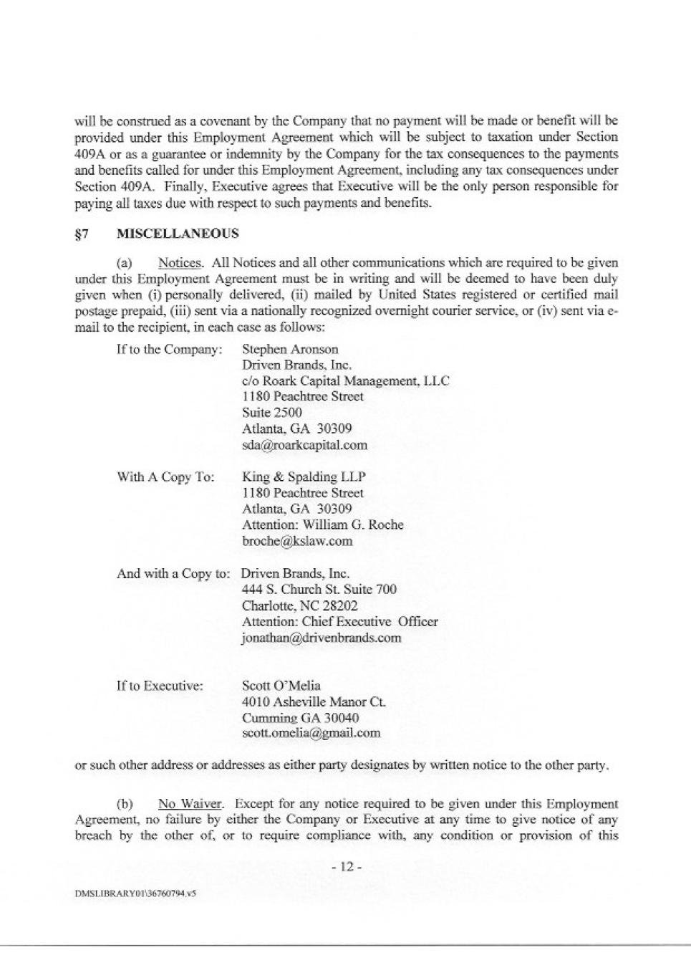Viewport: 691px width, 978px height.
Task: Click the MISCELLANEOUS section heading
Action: pyautogui.click(x=178, y=234)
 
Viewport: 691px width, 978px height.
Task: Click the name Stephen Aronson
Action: pyautogui.click(x=290, y=350)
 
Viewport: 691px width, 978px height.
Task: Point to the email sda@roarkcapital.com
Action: pyautogui.click(x=304, y=445)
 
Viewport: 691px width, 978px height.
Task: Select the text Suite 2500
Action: pyautogui.click(x=272, y=413)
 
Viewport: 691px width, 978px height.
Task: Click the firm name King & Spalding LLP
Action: pyautogui.click(x=304, y=477)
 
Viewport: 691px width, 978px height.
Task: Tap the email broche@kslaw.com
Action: pyautogui.click(x=297, y=541)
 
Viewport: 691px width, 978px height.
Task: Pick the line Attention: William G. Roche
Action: pyautogui.click(x=323, y=525)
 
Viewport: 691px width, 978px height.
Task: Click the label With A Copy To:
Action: pyautogui.click(x=165, y=477)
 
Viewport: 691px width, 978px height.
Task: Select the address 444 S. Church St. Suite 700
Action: pyautogui.click(x=319, y=590)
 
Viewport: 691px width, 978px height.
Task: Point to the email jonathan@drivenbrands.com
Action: pyautogui.click(x=322, y=638)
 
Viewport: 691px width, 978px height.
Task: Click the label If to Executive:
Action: pyautogui.click(x=160, y=686)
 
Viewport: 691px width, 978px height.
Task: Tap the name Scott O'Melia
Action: pyautogui.click(x=281, y=686)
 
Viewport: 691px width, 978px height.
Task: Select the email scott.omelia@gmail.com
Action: pyautogui.click(x=311, y=733)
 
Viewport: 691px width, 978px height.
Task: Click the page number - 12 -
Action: pyautogui.click(x=347, y=867)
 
